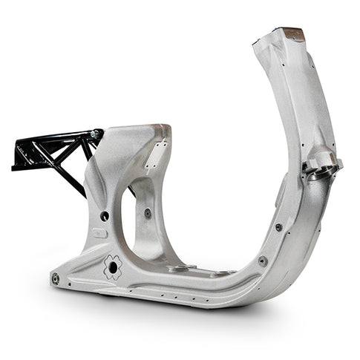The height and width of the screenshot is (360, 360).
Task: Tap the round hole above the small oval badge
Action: point(105,215)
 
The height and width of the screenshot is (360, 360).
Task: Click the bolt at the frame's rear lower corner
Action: point(56,278)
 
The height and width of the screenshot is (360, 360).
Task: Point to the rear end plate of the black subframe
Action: point(18,155)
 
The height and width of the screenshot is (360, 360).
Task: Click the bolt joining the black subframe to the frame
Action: point(94,134)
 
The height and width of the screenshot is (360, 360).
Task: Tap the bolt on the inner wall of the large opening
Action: point(148,213)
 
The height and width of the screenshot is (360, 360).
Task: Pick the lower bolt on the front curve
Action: point(262,261)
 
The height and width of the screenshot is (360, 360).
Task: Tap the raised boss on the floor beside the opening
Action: point(178,267)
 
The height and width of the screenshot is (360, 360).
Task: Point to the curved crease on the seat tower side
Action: point(100,178)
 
